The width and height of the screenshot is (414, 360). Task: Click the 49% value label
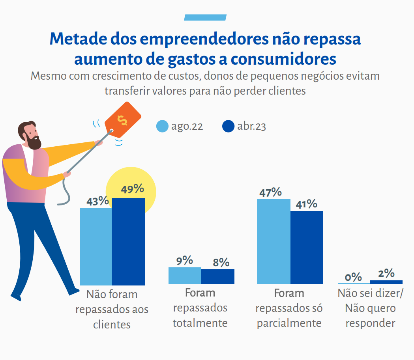[x=132, y=189]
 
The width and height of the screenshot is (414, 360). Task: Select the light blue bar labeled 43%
[x=96, y=246]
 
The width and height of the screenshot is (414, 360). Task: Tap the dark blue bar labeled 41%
[x=307, y=247]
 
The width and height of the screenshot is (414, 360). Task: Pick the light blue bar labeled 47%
[x=274, y=241]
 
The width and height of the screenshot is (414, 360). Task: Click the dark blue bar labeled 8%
[x=217, y=276]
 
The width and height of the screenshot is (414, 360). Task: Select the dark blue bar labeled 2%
[x=386, y=282]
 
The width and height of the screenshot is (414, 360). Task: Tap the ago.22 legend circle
[x=163, y=127]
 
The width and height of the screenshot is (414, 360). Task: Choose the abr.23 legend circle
[x=229, y=127]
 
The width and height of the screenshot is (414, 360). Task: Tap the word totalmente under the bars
[x=200, y=323]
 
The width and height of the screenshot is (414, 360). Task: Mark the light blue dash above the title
[x=205, y=17]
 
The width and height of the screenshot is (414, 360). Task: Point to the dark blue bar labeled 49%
[x=128, y=241]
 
